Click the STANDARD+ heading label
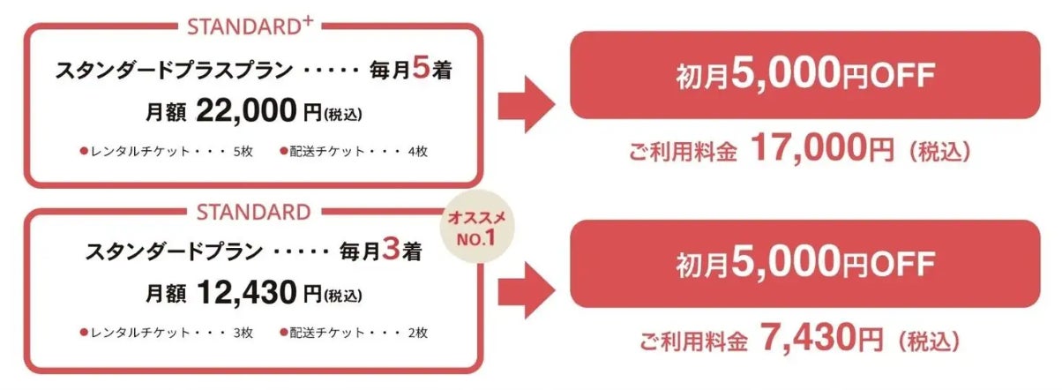pos(251,27)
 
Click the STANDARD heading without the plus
pos(253,213)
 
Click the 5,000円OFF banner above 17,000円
pos(805,75)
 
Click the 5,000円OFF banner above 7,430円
pos(805,263)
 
